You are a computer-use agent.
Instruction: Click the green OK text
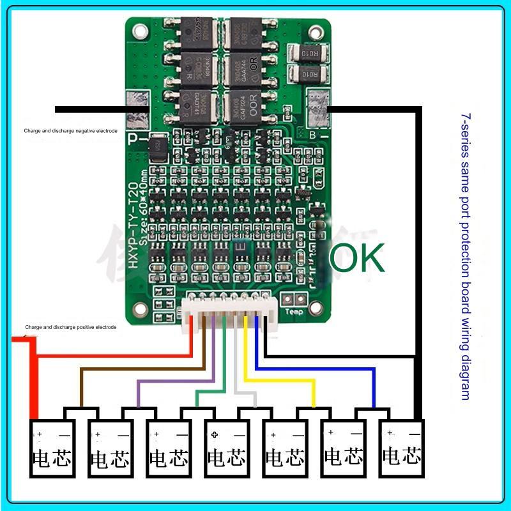[356, 257]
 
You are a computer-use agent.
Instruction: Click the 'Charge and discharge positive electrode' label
[70, 327]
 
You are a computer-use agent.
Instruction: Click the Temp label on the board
[295, 312]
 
